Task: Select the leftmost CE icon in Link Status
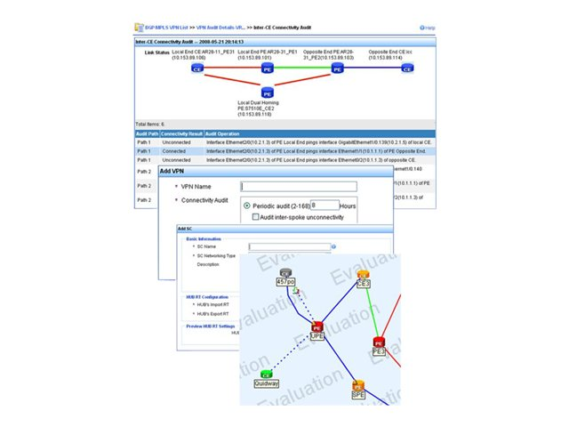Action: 197,68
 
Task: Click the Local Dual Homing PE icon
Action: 268,92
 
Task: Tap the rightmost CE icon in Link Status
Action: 407,68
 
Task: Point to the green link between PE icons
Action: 302,68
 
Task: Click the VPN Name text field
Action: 299,187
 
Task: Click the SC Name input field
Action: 288,246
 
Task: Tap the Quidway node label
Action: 266,384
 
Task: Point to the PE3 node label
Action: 379,352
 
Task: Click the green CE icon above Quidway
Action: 266,375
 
